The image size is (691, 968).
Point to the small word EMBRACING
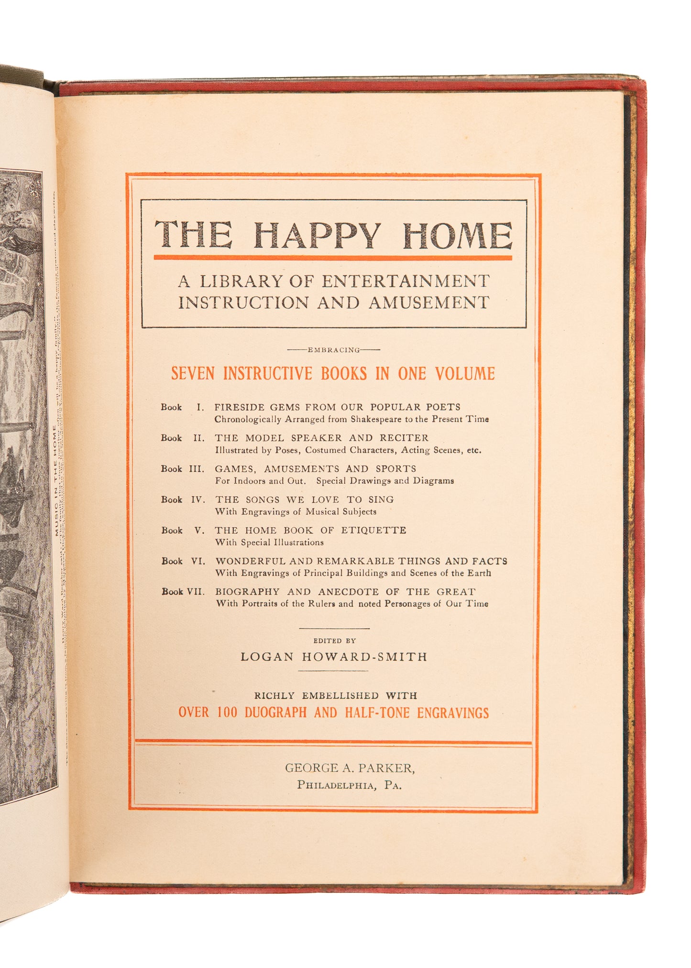333,350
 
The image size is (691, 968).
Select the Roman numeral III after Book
197,469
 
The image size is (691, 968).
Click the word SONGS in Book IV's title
263,500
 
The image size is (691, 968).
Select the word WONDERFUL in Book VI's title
251,561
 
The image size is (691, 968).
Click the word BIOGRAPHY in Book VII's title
247,592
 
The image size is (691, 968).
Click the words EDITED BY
334,641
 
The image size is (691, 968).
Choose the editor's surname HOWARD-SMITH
364,657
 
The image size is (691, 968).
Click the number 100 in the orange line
227,712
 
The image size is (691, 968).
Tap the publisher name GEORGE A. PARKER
350,768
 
